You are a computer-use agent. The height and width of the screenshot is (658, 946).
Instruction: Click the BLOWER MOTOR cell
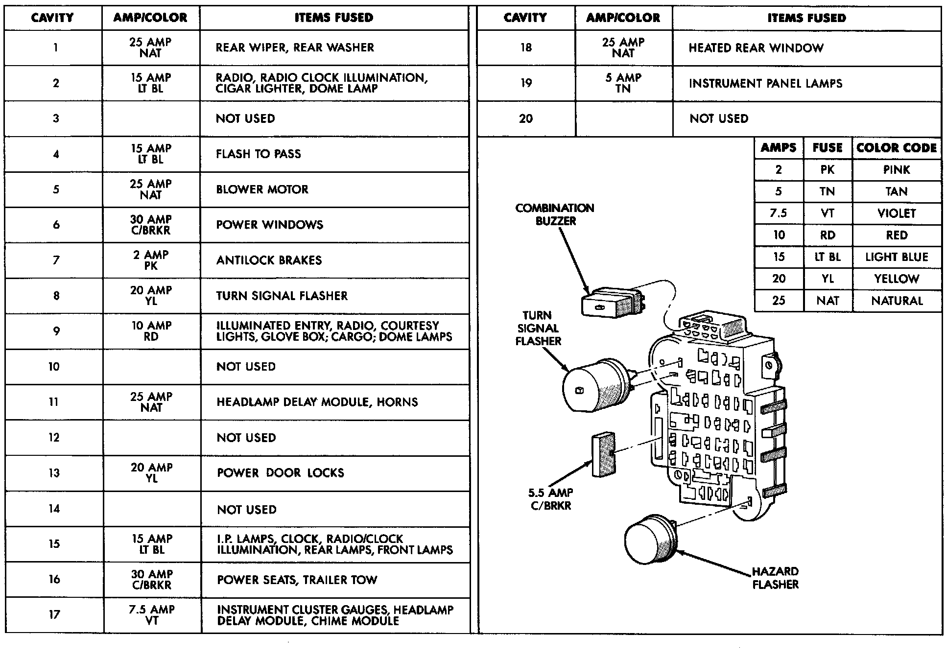click(262, 189)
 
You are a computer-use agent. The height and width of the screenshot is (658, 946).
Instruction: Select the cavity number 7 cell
click(56, 260)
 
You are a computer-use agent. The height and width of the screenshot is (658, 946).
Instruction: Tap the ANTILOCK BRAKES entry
click(269, 260)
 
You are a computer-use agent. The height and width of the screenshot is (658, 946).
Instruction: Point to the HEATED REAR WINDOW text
click(756, 48)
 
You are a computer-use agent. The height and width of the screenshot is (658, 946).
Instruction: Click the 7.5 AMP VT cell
click(151, 615)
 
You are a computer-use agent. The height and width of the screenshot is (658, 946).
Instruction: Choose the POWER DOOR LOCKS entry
click(280, 473)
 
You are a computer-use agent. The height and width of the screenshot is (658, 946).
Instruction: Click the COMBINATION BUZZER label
click(555, 214)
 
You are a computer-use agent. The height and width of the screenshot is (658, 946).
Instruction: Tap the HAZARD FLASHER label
click(775, 578)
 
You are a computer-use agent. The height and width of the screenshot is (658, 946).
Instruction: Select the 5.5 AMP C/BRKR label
click(551, 499)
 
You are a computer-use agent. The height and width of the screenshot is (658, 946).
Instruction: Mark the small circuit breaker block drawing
click(603, 454)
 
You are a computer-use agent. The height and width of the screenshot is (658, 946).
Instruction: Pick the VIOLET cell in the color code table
click(897, 213)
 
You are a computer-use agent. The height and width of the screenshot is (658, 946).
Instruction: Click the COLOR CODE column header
click(897, 148)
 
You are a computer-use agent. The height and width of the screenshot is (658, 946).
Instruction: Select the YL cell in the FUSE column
click(828, 279)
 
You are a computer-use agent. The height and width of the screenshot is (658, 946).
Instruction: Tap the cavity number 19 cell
click(526, 83)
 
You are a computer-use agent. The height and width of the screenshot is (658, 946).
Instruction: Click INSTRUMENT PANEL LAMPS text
click(765, 83)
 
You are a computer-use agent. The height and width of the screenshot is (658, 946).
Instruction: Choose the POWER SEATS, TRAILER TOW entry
click(297, 580)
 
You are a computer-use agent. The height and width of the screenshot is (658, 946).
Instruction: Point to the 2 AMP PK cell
click(151, 260)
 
